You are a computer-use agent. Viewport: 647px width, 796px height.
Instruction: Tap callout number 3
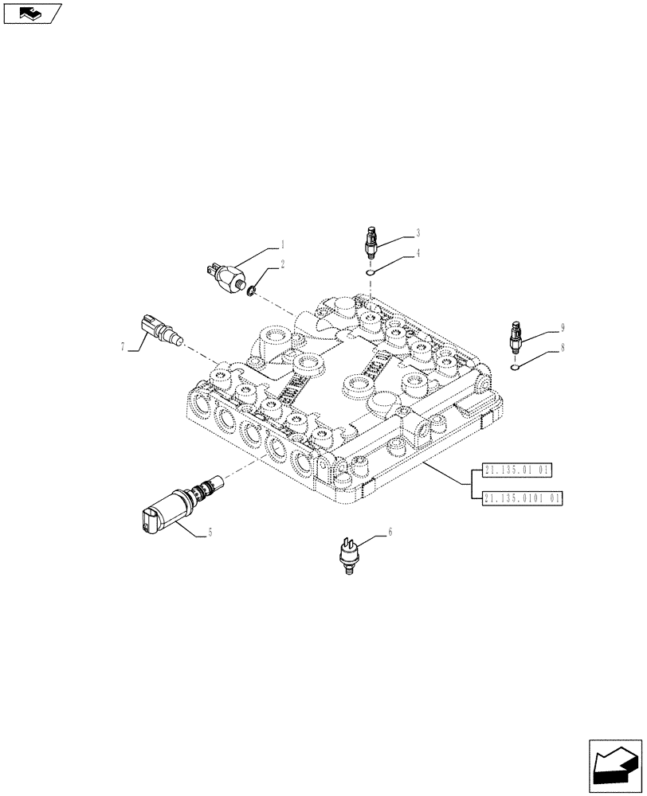pos(417,234)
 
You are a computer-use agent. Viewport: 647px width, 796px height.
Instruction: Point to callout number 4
pos(417,255)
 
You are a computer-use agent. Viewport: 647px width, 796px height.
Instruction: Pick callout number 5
pos(209,533)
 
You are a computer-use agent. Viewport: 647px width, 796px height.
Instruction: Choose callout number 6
pos(390,531)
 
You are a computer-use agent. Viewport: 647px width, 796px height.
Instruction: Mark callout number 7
pos(123,346)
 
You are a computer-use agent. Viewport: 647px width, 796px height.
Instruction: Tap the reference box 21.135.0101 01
pos(522,497)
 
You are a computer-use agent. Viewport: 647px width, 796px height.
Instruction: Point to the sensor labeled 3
pos(371,242)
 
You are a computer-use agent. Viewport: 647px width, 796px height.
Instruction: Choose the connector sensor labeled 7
pos(159,330)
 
